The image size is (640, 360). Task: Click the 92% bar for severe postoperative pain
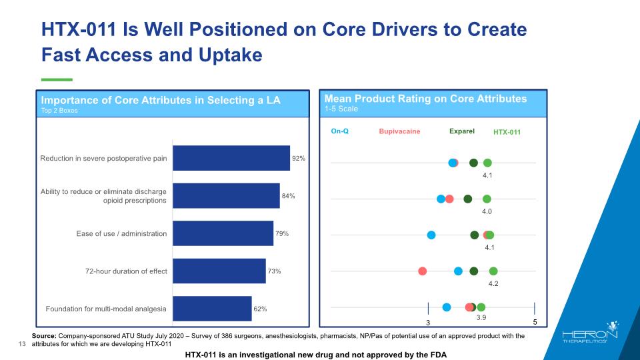point(231,159)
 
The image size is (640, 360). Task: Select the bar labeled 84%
point(226,196)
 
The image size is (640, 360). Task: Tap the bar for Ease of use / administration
point(223,233)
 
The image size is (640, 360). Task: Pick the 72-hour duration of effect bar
point(219,271)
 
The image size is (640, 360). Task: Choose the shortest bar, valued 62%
point(212,309)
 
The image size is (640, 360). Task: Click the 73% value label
point(274,271)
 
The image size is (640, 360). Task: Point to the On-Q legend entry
point(340,131)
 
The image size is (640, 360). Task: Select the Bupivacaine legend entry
point(399,131)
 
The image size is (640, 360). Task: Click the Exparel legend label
point(461,131)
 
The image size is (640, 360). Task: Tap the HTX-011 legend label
point(507,132)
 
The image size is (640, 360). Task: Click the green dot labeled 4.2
point(493,271)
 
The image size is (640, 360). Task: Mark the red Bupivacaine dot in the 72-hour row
point(422,271)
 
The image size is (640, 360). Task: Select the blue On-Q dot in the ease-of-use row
point(431,235)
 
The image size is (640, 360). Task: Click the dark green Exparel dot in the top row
point(473,163)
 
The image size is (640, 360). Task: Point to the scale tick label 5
point(535,323)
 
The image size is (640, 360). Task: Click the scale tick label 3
point(428,323)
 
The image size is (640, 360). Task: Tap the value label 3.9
point(481,319)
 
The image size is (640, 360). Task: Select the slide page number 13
point(21,344)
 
